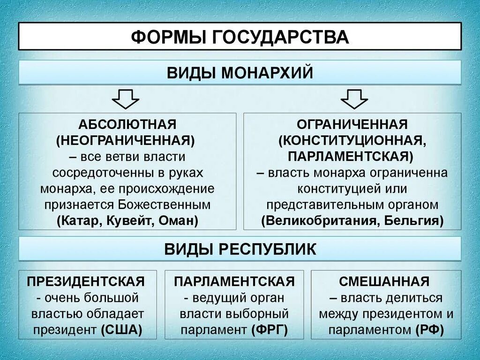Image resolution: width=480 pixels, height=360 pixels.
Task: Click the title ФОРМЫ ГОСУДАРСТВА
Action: pyautogui.click(x=240, y=36)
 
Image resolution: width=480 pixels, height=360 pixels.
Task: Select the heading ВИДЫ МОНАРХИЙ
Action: pyautogui.click(x=240, y=73)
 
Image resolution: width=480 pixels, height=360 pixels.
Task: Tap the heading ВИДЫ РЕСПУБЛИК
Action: pyautogui.click(x=240, y=249)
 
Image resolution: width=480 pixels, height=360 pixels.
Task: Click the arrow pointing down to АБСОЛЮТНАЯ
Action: pyautogui.click(x=125, y=98)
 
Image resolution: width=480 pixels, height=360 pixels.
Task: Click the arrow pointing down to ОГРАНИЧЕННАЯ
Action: pyautogui.click(x=354, y=98)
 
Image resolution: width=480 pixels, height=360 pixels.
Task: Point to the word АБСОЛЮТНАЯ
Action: pyautogui.click(x=127, y=125)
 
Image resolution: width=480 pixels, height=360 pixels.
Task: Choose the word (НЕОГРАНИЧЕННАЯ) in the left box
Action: pyautogui.click(x=127, y=140)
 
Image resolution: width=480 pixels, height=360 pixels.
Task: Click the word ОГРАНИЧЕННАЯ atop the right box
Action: pyautogui.click(x=352, y=125)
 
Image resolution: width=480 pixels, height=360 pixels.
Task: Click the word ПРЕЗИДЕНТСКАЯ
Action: pyautogui.click(x=85, y=282)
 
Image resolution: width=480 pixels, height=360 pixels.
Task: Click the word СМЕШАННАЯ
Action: pyautogui.click(x=384, y=282)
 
